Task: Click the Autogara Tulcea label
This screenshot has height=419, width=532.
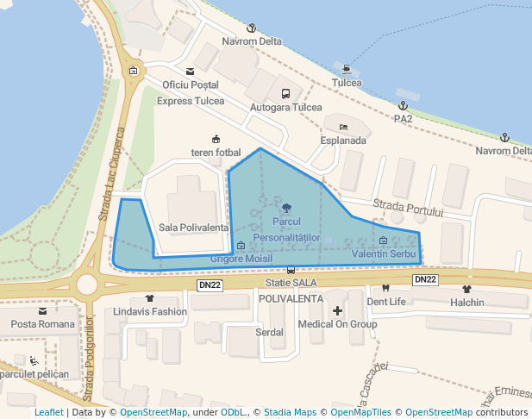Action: pos(285,107)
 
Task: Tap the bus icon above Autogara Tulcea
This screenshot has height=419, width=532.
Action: pos(285,93)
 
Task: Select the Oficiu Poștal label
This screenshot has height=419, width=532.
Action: pos(191,85)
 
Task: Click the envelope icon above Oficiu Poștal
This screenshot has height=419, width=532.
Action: pos(190,72)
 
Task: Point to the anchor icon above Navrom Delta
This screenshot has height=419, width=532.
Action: pos(252,28)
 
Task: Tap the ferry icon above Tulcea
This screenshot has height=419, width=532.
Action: pos(347,69)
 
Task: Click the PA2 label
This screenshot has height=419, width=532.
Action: pos(403,119)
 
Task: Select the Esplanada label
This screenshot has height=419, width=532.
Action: pos(343,140)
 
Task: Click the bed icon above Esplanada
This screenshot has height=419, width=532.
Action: pos(343,127)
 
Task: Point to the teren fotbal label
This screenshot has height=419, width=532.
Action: pos(216,153)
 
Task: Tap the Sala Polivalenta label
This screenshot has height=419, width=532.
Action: pos(194,228)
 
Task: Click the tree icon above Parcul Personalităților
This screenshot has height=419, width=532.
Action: pos(286,208)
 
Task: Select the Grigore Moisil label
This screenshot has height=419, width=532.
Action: pos(241,259)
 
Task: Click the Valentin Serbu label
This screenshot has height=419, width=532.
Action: pos(385,254)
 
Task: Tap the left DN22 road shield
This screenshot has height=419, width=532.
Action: pos(210,285)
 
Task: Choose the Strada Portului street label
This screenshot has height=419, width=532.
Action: pos(408,208)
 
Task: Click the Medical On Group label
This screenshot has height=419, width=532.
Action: pos(337,324)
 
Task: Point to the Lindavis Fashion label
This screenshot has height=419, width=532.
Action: pos(150,311)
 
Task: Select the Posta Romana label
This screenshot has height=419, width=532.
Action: pos(43,323)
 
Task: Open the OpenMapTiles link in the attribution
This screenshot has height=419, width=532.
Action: pos(369,412)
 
